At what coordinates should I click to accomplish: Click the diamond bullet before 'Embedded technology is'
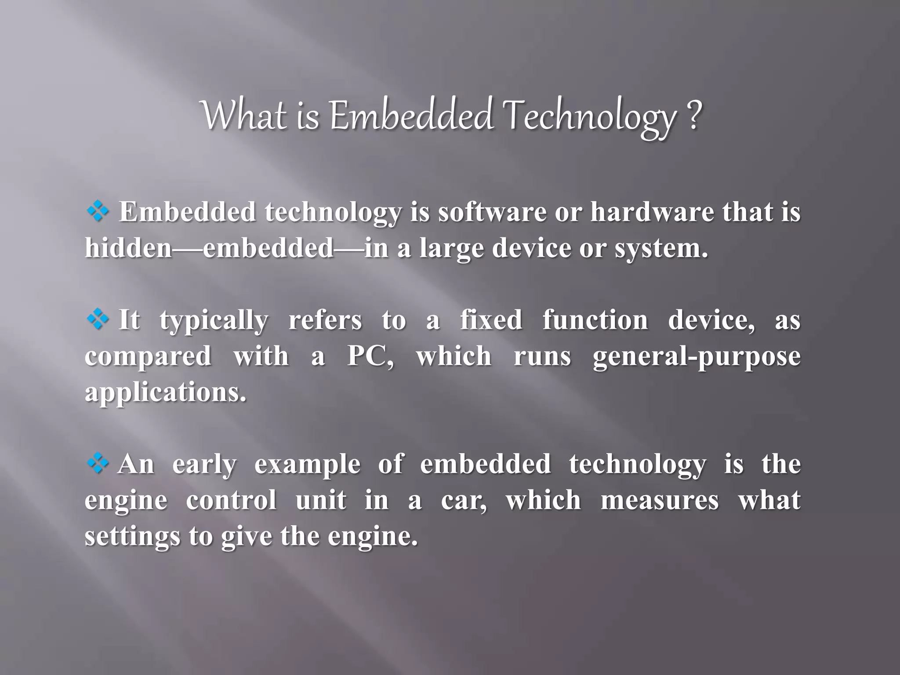click(x=98, y=212)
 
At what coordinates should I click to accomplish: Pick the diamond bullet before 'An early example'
click(x=97, y=464)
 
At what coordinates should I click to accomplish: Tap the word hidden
click(x=128, y=248)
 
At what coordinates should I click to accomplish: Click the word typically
click(x=214, y=321)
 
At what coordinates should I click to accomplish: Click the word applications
click(x=165, y=393)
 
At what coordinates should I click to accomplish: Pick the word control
click(x=231, y=501)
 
